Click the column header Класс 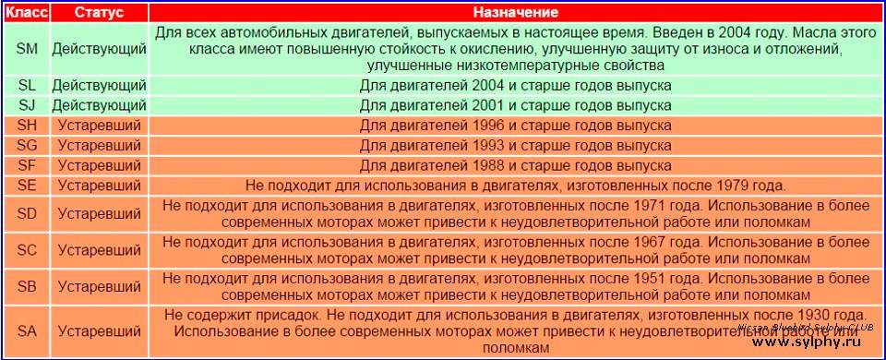pos(27,13)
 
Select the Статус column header pos(99,13)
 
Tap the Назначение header pos(515,13)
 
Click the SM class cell pos(27,49)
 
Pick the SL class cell pos(27,86)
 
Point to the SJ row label pos(27,105)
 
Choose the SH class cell pos(27,125)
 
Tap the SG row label pos(27,145)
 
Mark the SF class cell pos(27,165)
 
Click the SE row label pos(27,186)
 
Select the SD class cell pos(27,214)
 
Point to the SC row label pos(27,250)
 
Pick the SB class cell pos(27,286)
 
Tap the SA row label pos(27,331)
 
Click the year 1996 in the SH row pos(486,125)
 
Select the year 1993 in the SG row pos(486,145)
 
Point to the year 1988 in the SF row pos(486,165)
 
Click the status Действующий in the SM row pos(99,50)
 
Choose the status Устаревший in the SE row pos(99,186)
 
